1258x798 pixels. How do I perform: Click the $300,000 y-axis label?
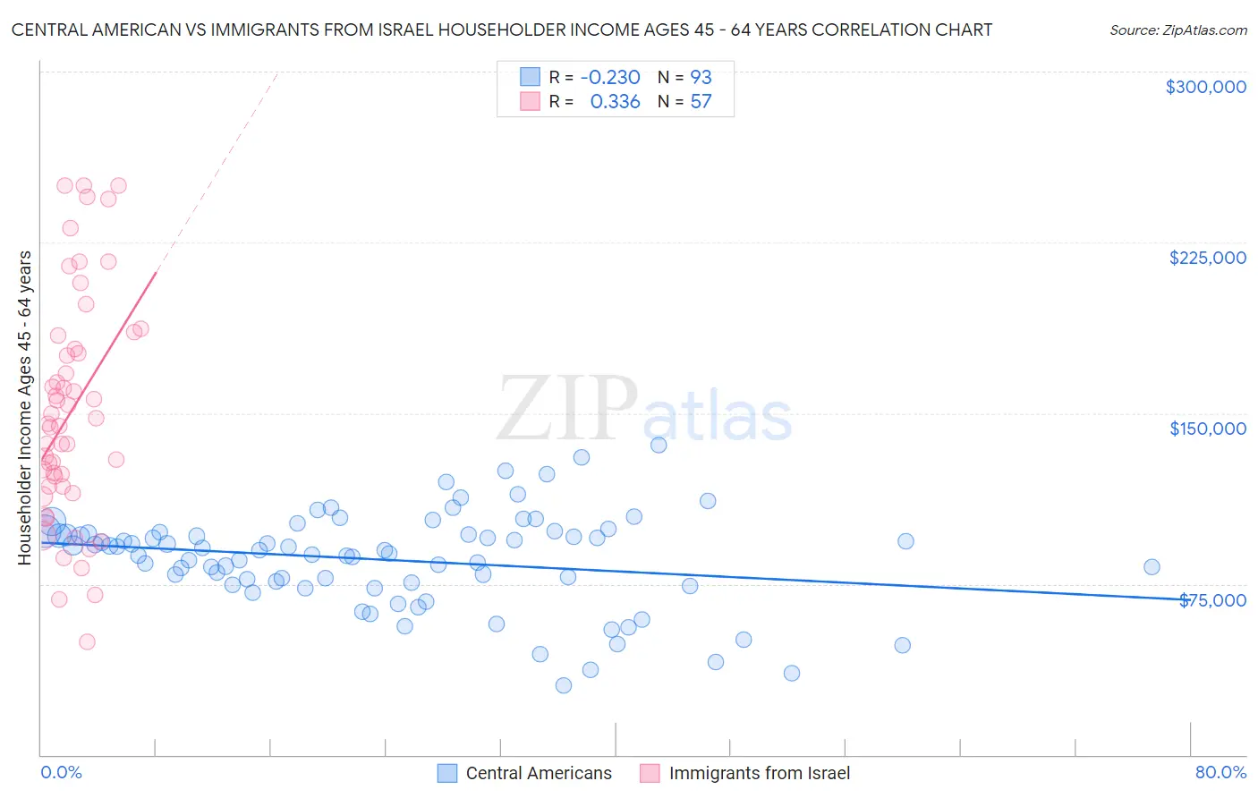point(1205,87)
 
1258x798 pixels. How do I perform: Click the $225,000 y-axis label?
point(1207,258)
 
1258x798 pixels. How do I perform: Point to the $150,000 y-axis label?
point(1207,429)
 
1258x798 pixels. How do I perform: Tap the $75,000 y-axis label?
point(1212,600)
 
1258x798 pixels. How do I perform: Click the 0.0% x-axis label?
point(61,772)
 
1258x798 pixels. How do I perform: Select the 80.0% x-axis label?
point(1220,772)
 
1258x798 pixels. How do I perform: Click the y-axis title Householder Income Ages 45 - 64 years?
point(24,408)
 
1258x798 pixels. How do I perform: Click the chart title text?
point(501,30)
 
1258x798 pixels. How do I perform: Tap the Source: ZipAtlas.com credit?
point(1177,30)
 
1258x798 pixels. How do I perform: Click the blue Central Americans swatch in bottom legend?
point(447,773)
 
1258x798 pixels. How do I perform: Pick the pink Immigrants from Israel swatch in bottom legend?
point(650,773)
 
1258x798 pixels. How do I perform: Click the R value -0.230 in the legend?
point(610,77)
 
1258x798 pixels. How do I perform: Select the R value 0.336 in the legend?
point(615,101)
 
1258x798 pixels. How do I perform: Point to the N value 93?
point(701,77)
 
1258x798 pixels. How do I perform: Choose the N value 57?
point(701,101)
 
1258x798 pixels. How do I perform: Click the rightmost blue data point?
point(1152,566)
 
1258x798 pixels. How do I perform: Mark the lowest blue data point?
point(564,685)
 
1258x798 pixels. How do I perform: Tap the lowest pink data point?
point(87,641)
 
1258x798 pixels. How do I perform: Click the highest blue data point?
point(659,445)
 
